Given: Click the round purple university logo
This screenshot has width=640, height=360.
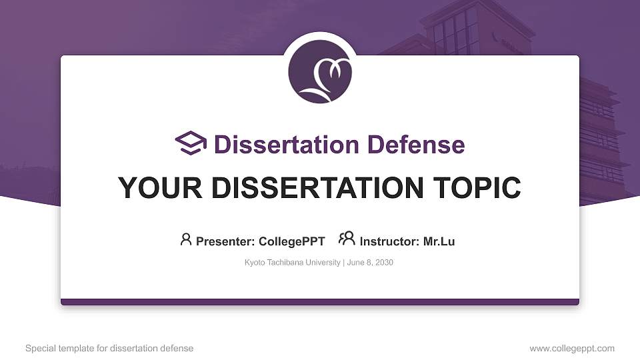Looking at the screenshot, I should pos(320,71).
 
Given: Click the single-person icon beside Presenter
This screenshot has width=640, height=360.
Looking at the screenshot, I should pos(186,239).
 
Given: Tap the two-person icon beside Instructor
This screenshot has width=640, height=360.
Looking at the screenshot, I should pos(347,239).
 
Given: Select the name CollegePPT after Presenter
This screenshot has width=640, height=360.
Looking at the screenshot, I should pos(291,241).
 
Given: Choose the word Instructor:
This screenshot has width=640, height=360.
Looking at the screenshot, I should pos(390,241).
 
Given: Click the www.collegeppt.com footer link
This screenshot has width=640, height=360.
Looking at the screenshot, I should pos(571,348).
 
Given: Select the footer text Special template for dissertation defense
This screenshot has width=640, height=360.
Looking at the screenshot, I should pos(109,348).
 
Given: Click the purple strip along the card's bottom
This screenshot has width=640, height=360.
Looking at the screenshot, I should pos(320,302).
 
